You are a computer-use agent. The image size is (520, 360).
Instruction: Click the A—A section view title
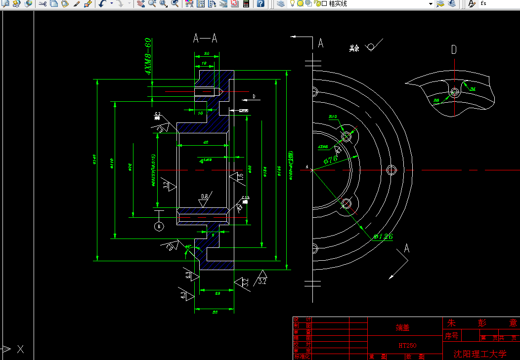coord(205,39)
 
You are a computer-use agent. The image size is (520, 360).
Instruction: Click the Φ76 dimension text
coord(330,160)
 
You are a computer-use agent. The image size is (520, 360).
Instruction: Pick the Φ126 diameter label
coord(383,237)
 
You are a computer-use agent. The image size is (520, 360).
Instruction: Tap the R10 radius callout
coord(333,117)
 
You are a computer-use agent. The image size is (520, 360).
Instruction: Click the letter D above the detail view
coord(454,49)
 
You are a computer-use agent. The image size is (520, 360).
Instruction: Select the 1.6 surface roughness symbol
coord(238,177)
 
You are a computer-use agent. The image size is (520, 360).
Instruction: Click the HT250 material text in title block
coord(406,345)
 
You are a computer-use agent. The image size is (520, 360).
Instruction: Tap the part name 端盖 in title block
coord(403,327)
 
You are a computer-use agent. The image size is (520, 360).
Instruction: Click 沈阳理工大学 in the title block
coord(480,354)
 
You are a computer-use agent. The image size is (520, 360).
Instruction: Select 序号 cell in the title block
coord(452,336)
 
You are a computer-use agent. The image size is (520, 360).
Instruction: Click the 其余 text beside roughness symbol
coord(354,48)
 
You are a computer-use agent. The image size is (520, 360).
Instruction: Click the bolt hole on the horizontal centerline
coord(392,170)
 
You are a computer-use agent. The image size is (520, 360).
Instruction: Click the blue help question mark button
coord(260,4)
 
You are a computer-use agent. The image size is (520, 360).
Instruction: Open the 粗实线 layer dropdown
coord(430,4)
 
